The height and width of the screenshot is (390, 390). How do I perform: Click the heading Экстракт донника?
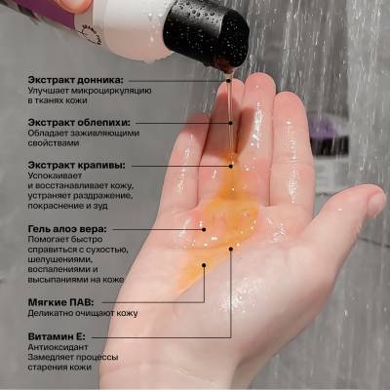click(x=76, y=80)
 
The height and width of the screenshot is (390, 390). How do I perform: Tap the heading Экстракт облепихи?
click(x=79, y=123)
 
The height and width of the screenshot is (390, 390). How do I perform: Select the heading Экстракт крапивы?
click(x=76, y=166)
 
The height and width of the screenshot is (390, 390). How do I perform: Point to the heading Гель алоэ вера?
click(x=67, y=229)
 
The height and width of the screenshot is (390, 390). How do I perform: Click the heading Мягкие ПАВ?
click(x=60, y=303)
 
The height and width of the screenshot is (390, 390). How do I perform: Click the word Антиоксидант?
click(x=58, y=347)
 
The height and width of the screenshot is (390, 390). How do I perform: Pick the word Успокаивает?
click(x=55, y=175)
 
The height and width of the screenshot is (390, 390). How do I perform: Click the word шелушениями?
click(x=58, y=259)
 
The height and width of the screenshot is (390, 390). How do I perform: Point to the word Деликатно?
click(x=50, y=314)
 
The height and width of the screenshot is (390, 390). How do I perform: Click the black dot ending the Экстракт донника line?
click(x=229, y=80)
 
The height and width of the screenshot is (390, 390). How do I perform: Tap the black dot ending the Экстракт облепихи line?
click(x=230, y=123)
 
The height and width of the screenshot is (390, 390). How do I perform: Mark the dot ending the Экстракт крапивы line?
click(x=231, y=166)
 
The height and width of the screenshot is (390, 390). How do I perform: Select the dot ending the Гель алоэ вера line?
click(x=204, y=229)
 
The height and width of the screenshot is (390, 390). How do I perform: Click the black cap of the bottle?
click(x=208, y=32)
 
